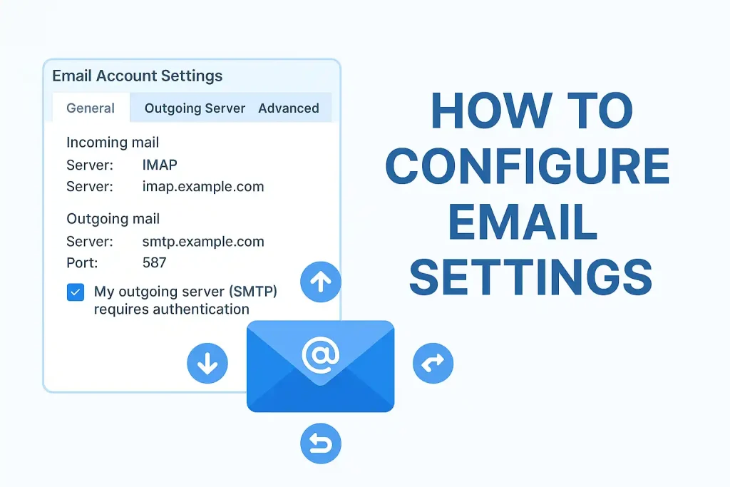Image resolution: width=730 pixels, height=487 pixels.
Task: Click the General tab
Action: [91, 108]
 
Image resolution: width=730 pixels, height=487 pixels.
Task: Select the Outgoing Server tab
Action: [195, 108]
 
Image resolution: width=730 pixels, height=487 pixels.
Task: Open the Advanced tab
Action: [289, 108]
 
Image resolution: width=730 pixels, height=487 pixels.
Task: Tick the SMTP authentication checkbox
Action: [76, 292]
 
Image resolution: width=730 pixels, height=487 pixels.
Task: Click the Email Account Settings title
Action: [138, 76]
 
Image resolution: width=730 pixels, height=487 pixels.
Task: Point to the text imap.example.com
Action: [203, 187]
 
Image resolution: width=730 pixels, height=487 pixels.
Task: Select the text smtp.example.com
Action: [203, 242]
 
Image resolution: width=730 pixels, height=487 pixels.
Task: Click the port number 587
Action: [154, 262]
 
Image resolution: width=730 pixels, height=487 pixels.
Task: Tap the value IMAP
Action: [160, 165]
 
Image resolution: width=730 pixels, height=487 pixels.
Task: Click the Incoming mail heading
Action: [113, 143]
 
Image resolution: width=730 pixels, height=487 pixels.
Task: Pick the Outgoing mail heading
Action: [113, 219]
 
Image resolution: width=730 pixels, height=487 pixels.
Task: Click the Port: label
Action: [82, 263]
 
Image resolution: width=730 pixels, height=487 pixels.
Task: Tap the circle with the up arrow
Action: [321, 282]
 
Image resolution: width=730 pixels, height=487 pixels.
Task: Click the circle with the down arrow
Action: [207, 363]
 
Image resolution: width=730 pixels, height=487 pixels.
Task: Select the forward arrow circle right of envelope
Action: [433, 363]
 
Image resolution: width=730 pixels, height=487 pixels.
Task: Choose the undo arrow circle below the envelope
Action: [321, 444]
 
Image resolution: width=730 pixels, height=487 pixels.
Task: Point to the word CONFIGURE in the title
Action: [528, 165]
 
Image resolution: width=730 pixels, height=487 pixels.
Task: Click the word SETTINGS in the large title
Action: [530, 277]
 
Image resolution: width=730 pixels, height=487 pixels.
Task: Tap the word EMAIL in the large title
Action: [523, 222]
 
